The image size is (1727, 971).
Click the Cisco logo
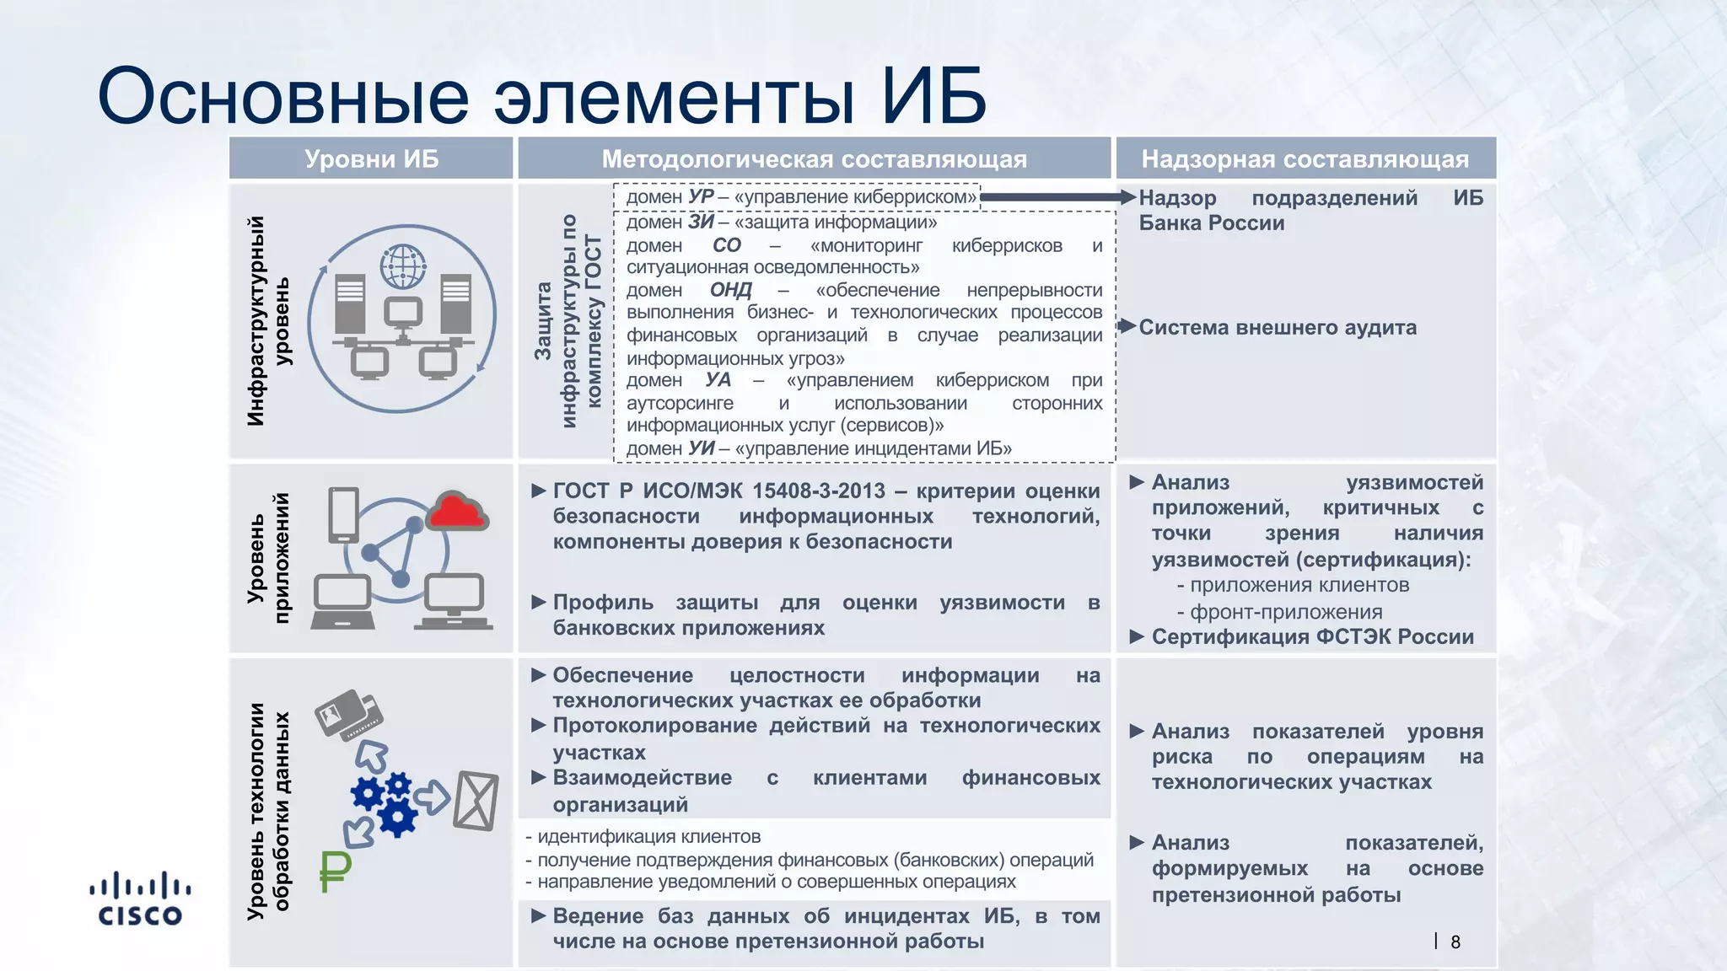[140, 899]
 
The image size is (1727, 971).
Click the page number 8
[1455, 942]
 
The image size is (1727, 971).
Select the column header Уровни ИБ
[371, 158]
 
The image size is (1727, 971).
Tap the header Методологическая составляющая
[814, 158]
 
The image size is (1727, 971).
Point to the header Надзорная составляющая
[1305, 158]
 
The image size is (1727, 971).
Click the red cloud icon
[456, 511]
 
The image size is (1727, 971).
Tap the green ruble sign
[335, 872]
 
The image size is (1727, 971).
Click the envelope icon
[476, 800]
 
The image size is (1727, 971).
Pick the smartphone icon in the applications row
[343, 514]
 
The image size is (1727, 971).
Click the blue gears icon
[385, 802]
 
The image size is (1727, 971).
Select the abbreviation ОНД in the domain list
[730, 290]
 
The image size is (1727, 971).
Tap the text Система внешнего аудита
[1277, 327]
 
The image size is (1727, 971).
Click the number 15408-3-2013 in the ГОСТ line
[818, 491]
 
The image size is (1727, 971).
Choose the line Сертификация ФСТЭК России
[1312, 636]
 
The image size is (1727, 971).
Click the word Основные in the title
[283, 95]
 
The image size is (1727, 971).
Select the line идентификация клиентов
[648, 836]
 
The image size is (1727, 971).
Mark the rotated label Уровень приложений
[268, 558]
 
